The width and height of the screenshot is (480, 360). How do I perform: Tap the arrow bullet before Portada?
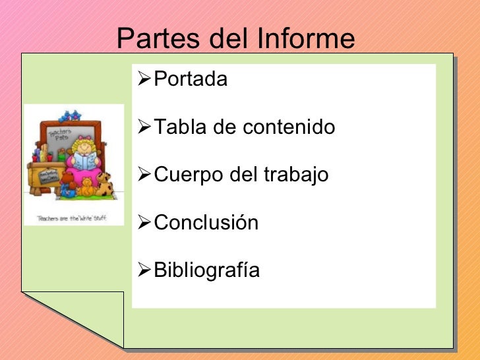click(143, 79)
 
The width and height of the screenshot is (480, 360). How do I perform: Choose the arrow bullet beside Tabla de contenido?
click(143, 127)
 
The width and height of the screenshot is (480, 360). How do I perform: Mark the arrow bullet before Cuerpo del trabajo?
click(143, 175)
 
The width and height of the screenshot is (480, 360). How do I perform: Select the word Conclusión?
click(206, 223)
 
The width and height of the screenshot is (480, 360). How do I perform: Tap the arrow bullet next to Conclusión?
click(143, 222)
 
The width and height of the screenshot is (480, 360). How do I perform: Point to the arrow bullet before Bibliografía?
click(143, 270)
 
